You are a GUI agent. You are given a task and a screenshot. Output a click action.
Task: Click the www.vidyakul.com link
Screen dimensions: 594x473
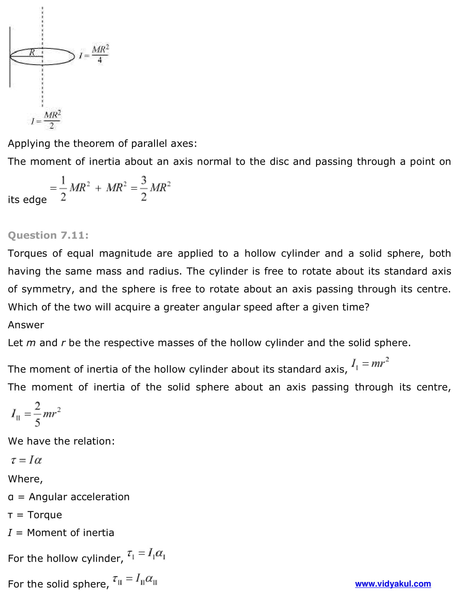(x=393, y=584)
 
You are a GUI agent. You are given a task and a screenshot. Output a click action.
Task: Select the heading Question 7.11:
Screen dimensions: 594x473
(x=48, y=235)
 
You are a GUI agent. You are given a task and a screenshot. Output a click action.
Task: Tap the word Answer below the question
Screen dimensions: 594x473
(x=26, y=325)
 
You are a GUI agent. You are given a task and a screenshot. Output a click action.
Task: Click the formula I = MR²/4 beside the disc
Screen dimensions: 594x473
(x=94, y=54)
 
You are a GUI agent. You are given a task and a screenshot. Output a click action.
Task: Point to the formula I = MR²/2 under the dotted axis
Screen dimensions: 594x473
(x=46, y=120)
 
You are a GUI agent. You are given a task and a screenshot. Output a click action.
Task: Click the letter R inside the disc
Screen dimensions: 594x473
(x=32, y=53)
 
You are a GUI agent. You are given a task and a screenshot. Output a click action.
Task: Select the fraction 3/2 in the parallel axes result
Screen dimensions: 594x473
(x=144, y=188)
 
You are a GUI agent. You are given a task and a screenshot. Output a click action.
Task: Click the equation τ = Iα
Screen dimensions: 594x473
(x=27, y=460)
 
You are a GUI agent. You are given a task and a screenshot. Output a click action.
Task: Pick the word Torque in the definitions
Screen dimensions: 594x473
(x=45, y=515)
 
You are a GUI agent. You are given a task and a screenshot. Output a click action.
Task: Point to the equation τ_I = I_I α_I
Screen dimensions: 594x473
(x=146, y=554)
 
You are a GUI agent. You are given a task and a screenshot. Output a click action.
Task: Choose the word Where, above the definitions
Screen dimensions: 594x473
(x=25, y=479)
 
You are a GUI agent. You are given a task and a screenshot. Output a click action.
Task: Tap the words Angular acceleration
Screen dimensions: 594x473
(x=79, y=497)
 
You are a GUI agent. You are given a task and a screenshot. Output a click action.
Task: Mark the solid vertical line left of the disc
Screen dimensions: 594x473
(x=10, y=57)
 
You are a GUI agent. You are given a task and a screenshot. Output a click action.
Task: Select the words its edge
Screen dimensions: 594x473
(x=27, y=200)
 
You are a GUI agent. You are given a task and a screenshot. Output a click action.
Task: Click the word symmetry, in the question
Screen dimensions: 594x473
(x=48, y=289)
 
